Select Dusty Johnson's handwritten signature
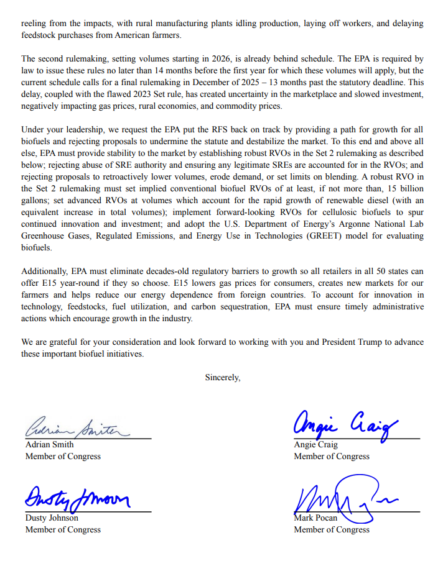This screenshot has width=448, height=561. (77, 498)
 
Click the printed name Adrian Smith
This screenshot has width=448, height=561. (49, 445)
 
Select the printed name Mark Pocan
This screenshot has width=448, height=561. (317, 518)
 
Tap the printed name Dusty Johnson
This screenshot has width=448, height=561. (52, 518)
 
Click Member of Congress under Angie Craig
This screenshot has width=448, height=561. (332, 457)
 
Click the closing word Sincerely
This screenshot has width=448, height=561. (223, 377)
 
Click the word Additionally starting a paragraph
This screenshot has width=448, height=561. (45, 271)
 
